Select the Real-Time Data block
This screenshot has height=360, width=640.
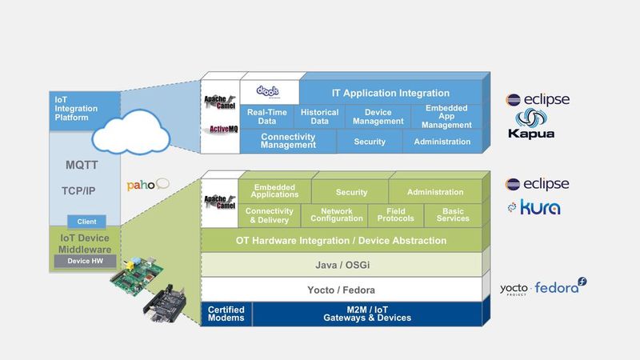point(267,117)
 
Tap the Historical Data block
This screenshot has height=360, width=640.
point(319,117)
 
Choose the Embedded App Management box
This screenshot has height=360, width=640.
point(447,117)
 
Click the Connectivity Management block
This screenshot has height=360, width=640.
point(288,142)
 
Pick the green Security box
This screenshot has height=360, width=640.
point(351,192)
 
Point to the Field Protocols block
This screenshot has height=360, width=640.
point(395,215)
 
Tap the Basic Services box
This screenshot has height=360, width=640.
point(453,215)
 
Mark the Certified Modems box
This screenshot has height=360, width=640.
point(226,314)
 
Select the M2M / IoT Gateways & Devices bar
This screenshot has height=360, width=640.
point(367,314)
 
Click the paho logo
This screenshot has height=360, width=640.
point(147,185)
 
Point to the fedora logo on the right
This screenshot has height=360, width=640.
point(561,287)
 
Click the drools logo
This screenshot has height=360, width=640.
point(269,92)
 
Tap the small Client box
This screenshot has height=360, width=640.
point(86,222)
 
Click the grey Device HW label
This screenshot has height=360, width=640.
point(86,261)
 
